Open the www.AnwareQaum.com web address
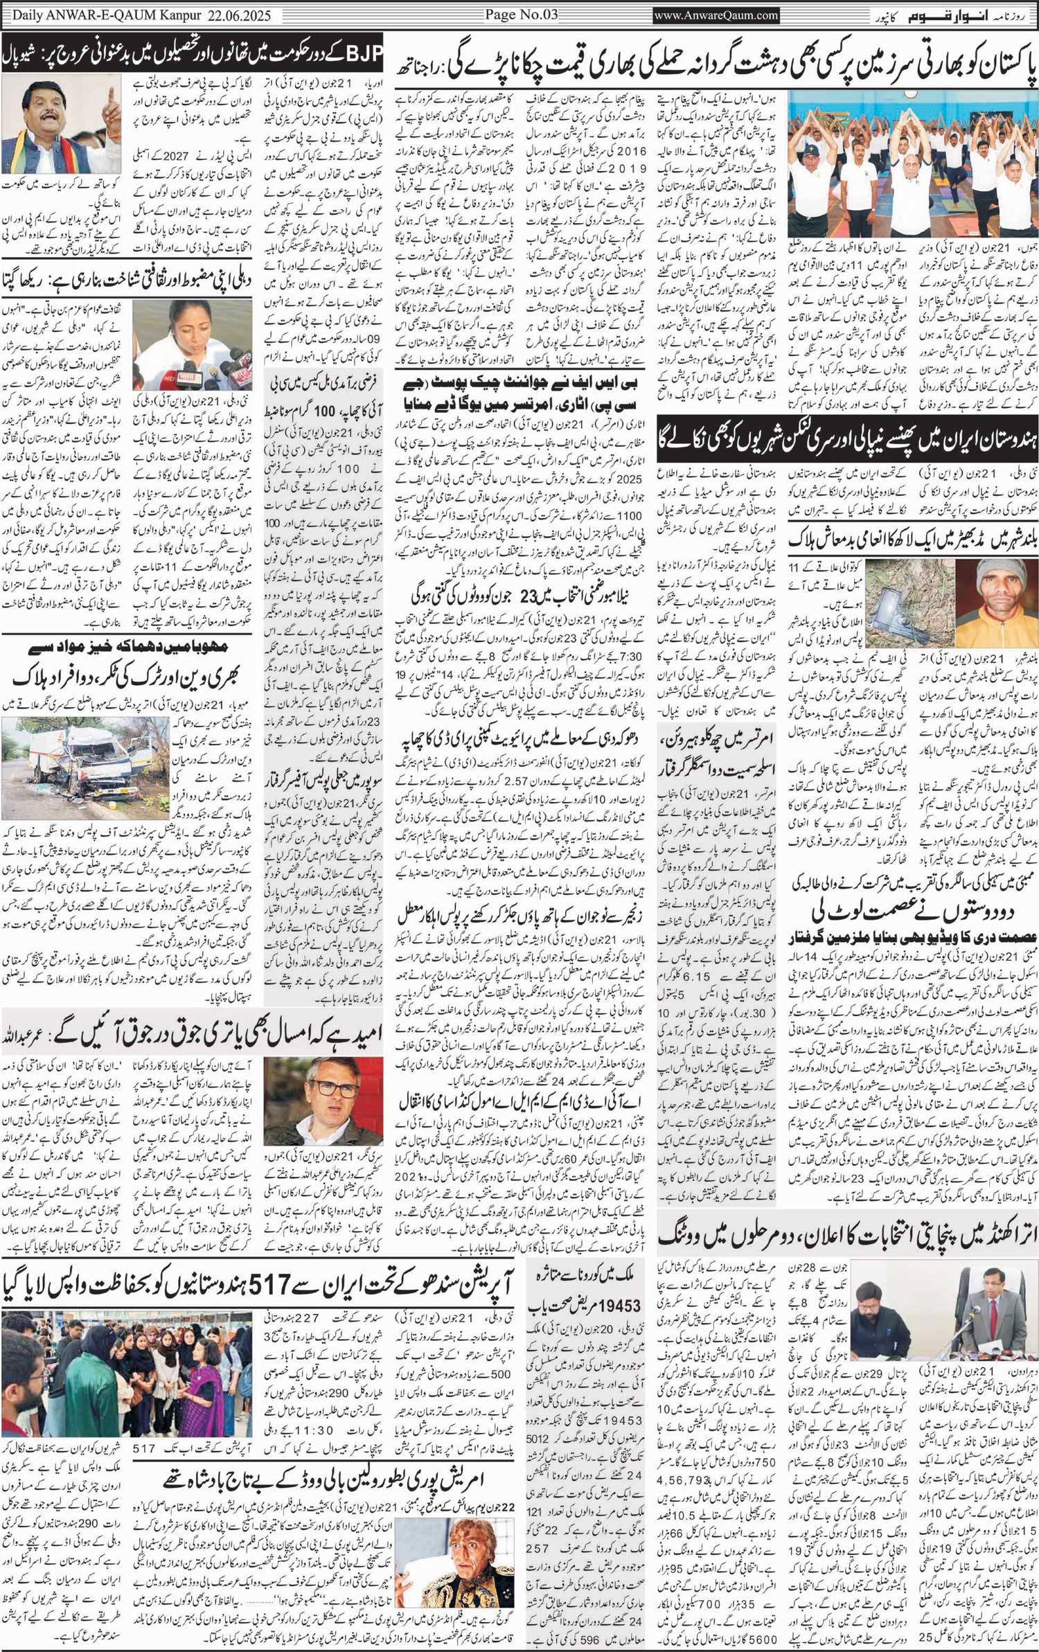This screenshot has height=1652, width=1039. [x=717, y=15]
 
